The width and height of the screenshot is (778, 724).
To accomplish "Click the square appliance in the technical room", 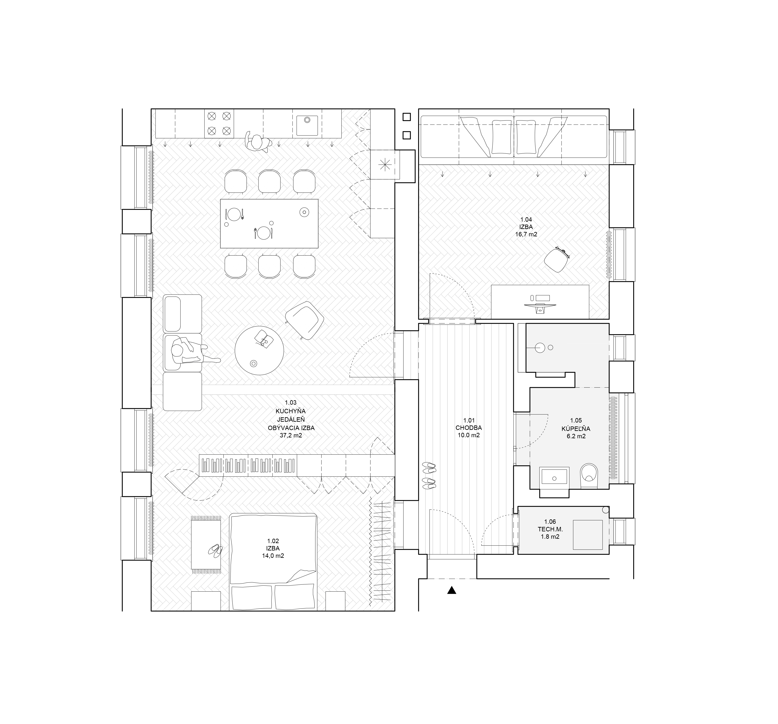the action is click(588, 534).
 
